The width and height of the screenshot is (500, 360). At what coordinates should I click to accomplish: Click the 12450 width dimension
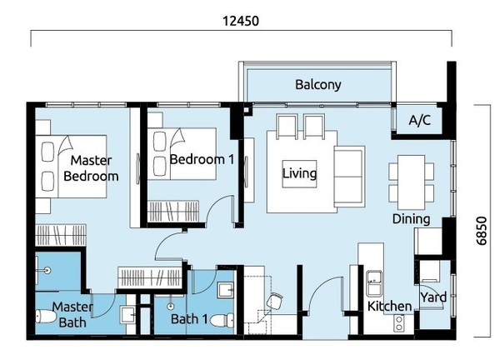pos(241,21)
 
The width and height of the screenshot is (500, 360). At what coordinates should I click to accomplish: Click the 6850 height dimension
pos(482,231)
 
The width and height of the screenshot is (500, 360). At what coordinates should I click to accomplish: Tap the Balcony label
pos(318,84)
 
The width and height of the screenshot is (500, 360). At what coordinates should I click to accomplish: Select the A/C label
pos(419,120)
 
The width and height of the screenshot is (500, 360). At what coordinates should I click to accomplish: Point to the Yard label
pos(433,297)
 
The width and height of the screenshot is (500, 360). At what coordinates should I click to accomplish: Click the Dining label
pos(411,218)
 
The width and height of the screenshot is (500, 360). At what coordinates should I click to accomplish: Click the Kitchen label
pos(389,306)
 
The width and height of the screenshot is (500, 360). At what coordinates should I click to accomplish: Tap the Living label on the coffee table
pos(299,173)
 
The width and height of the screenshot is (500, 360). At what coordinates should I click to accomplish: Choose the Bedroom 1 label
pos(202,159)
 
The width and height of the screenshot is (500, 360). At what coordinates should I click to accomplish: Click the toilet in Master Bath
pos(46,316)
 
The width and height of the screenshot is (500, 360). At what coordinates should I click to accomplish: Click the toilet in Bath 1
pos(222,320)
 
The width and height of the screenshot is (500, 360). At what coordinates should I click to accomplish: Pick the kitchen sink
pos(374,283)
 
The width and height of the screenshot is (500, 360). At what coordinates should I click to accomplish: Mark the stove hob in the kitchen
pos(398,322)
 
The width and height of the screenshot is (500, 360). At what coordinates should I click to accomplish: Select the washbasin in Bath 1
pos(226,290)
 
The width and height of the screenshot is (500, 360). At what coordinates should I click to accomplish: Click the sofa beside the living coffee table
pos(349,177)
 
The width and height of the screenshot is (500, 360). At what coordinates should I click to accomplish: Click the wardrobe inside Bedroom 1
pos(173,211)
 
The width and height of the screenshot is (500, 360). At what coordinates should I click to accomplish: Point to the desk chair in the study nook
pos(274,302)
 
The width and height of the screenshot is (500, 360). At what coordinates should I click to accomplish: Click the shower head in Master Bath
pos(47,270)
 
